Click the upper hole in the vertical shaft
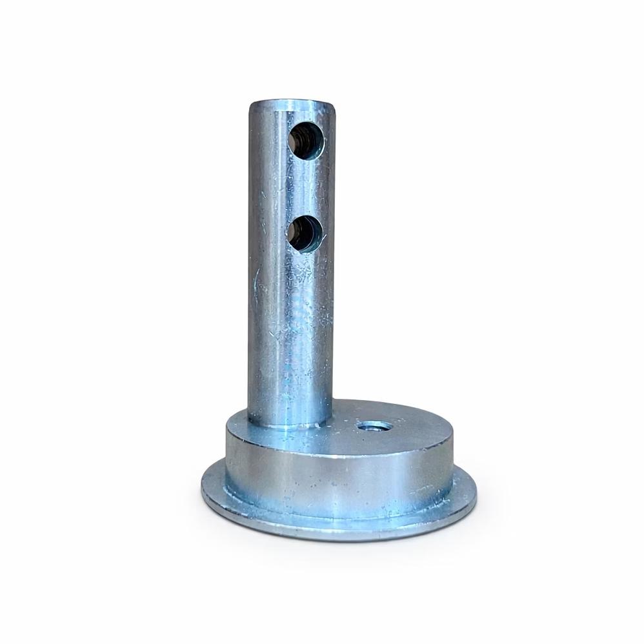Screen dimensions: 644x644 306,141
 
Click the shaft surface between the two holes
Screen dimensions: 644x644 303,187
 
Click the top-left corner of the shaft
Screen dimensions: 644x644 252,105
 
